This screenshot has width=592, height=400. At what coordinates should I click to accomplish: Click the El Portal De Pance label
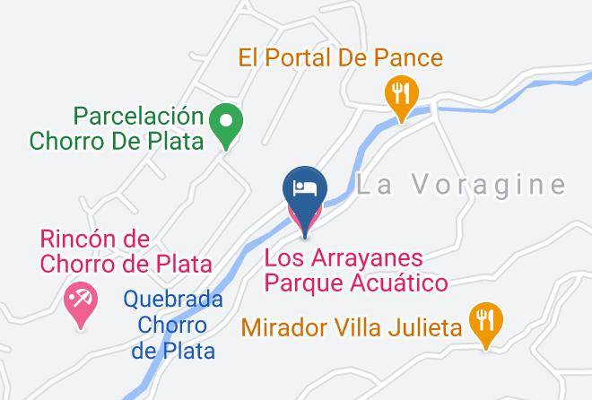click(340, 58)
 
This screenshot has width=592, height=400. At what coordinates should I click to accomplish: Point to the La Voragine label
click(461, 186)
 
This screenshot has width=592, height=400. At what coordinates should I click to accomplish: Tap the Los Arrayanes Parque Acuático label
click(356, 271)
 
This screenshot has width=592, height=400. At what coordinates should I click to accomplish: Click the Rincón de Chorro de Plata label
click(125, 251)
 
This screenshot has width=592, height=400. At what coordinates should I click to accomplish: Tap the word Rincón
click(80, 239)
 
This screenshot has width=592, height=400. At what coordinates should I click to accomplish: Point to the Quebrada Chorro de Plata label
click(173, 324)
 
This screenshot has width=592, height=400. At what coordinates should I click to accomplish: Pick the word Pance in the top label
click(411, 58)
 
